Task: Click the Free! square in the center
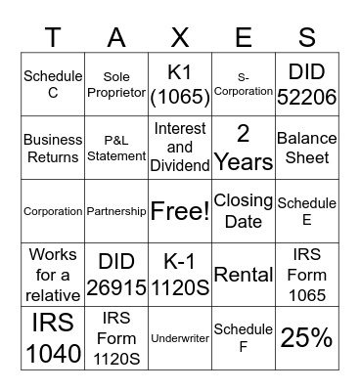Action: pos(180,210)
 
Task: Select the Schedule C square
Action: pos(53,83)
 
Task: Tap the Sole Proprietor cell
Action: pos(116,83)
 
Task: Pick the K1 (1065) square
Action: pos(180,83)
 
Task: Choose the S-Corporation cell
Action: pos(244,83)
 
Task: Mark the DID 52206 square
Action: pos(307,83)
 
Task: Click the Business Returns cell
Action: pos(53,147)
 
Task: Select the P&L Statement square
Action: pos(116,147)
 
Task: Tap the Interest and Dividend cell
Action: pos(180,147)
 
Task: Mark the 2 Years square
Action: pos(244,147)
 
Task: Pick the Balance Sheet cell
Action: pos(307,147)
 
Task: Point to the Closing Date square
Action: pos(244,210)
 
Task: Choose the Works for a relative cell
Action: pos(53,274)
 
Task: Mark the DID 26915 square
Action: pos(116,274)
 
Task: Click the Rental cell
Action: pos(244,274)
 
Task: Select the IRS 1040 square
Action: pos(53,337)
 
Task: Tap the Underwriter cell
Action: pos(180,337)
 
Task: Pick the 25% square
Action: pos(307,337)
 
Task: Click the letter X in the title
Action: pos(180,37)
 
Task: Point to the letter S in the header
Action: pos(307,37)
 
